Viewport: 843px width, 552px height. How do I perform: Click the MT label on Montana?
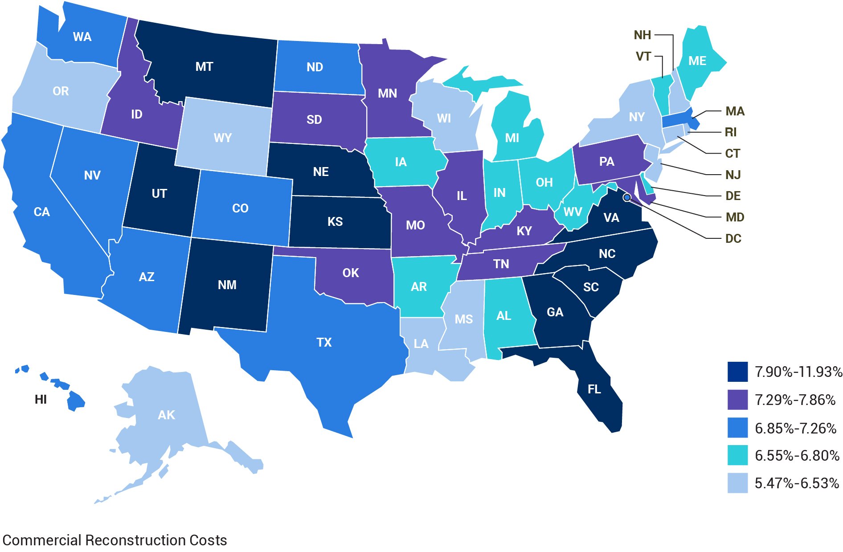click(204, 67)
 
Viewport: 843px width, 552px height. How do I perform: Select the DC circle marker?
click(627, 197)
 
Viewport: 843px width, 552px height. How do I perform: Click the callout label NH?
click(642, 35)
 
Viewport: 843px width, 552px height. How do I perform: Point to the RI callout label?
click(731, 132)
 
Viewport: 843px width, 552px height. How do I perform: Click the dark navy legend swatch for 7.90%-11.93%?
click(737, 372)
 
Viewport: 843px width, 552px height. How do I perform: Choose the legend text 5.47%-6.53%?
click(797, 483)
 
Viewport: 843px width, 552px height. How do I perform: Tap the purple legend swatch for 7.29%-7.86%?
click(737, 400)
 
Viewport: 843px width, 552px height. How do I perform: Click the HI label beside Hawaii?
click(41, 400)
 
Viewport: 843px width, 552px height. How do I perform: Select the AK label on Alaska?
click(166, 415)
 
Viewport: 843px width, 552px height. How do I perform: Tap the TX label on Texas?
click(324, 343)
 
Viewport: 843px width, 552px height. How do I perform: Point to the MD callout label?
click(735, 217)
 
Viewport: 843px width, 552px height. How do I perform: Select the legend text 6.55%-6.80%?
click(797, 456)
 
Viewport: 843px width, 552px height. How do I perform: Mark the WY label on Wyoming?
click(222, 138)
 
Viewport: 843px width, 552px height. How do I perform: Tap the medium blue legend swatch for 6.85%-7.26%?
click(737, 428)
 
